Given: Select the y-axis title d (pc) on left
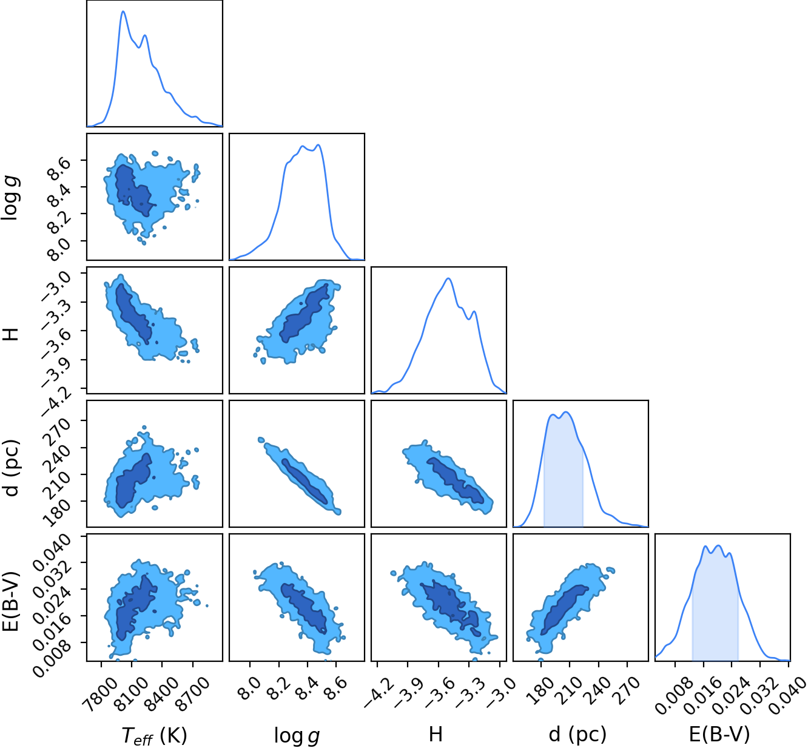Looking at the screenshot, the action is coord(11,468).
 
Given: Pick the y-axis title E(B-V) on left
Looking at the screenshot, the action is coord(11,601).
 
